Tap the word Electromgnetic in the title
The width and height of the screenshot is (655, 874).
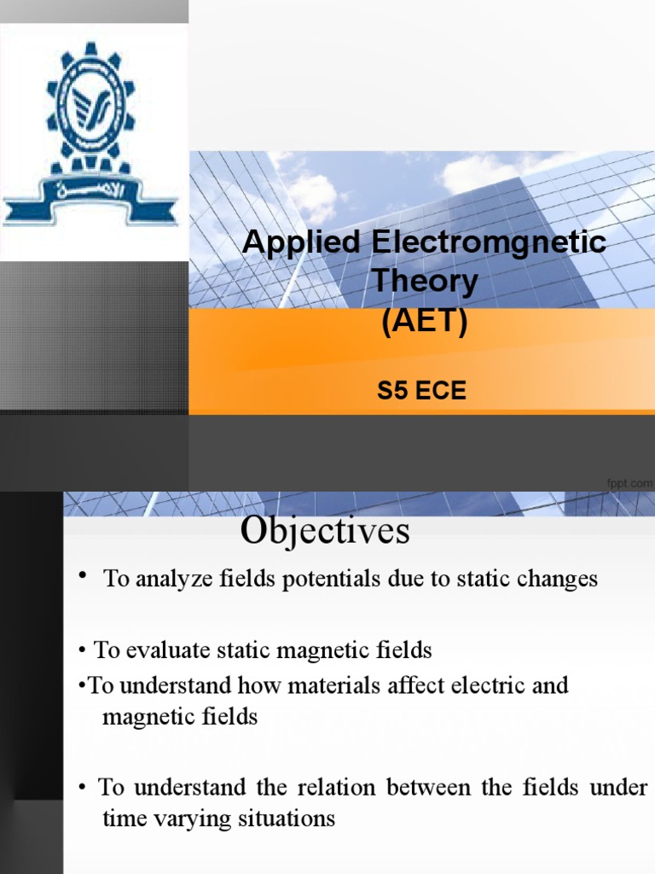click(x=489, y=242)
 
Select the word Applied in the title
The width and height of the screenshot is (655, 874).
click(x=303, y=242)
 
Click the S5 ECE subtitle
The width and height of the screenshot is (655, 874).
click(x=422, y=393)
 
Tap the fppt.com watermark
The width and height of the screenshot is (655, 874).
click(x=629, y=484)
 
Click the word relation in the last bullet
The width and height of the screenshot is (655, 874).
click(x=337, y=787)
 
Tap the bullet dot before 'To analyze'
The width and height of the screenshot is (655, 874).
click(x=84, y=578)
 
